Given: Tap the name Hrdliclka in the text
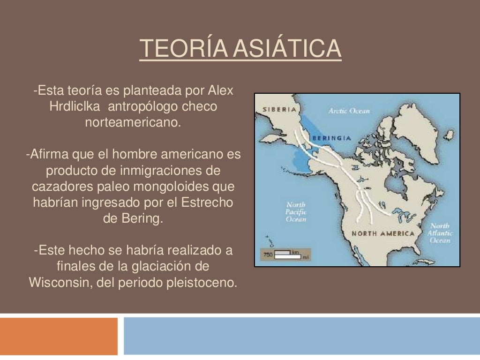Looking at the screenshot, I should coord(75,106).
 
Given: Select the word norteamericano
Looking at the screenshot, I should coord(133,123).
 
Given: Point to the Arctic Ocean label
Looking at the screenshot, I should coord(349,111).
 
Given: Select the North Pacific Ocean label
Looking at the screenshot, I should coord(296,212).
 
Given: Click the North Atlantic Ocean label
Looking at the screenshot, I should coord(440,233).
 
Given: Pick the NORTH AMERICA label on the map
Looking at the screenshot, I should coord(383,233).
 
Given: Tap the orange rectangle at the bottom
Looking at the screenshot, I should coord(59,336).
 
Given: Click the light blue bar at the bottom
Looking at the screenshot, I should coord(302,336).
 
